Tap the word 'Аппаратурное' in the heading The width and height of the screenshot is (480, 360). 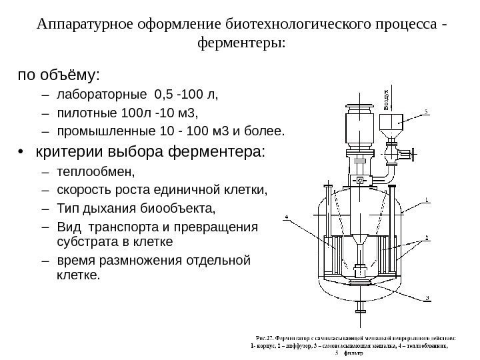coord(79,25)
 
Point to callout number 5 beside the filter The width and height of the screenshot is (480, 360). coord(427,111)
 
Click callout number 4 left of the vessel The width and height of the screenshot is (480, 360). coord(287,216)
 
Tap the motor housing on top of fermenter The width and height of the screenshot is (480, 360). coord(358,127)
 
